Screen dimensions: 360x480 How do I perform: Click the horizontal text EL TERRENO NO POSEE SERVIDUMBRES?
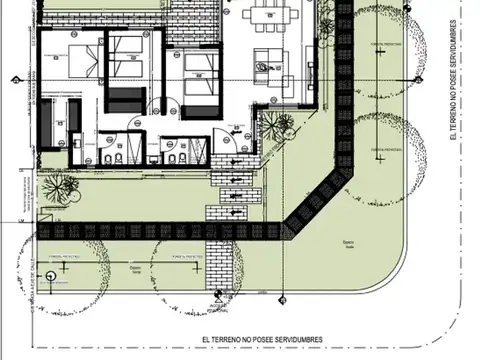[261, 340]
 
